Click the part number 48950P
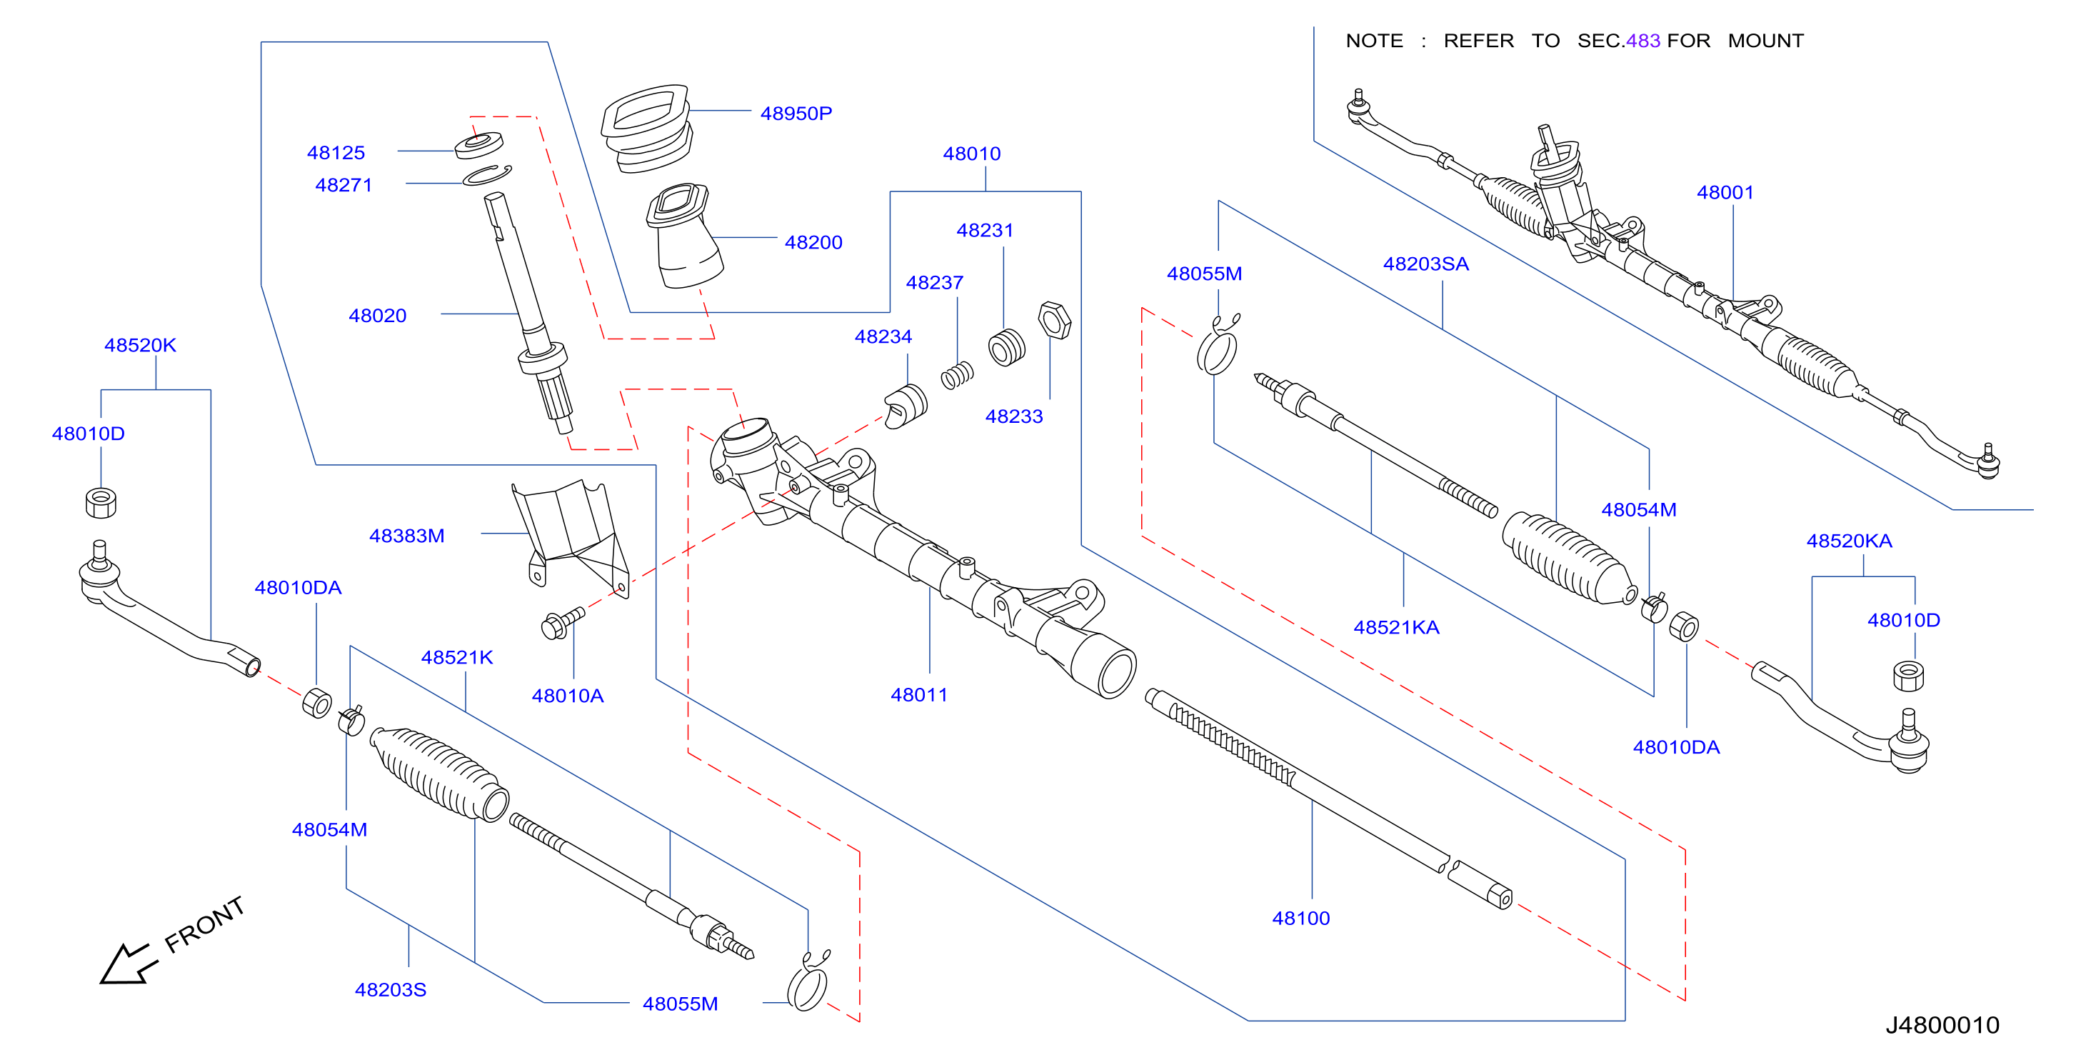click(x=796, y=114)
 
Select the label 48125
click(x=336, y=152)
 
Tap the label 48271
click(x=344, y=184)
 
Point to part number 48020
click(x=377, y=315)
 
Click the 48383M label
click(x=406, y=535)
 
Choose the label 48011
click(x=919, y=694)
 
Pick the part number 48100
click(x=1300, y=917)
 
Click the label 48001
click(x=1725, y=192)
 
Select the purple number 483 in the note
click(x=1643, y=41)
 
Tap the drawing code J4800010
click(x=1942, y=1024)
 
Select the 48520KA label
click(x=1849, y=540)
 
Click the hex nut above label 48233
click(x=1054, y=320)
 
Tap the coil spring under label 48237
click(x=957, y=375)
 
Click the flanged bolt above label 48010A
click(x=562, y=623)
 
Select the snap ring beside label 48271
click(x=486, y=175)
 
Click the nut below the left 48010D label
click(x=101, y=502)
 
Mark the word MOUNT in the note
click(x=1765, y=41)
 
